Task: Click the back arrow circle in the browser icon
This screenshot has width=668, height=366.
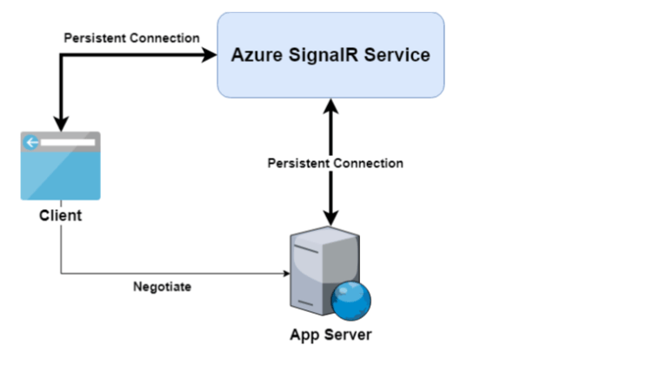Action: point(32,142)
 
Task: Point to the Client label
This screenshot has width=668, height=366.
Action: point(60,214)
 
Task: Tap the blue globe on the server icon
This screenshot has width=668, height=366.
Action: point(351,301)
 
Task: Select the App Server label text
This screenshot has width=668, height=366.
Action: point(331,334)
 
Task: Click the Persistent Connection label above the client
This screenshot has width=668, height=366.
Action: point(131,38)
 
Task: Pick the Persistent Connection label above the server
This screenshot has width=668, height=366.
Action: point(335,163)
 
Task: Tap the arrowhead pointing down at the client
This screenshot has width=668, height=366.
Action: point(61,123)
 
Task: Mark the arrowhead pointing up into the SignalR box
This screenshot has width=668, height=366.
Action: point(330,105)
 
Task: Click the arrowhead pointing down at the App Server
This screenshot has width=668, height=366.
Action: point(330,217)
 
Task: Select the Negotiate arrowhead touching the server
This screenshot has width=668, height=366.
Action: point(286,273)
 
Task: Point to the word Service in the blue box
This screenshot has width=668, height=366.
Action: point(395,55)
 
